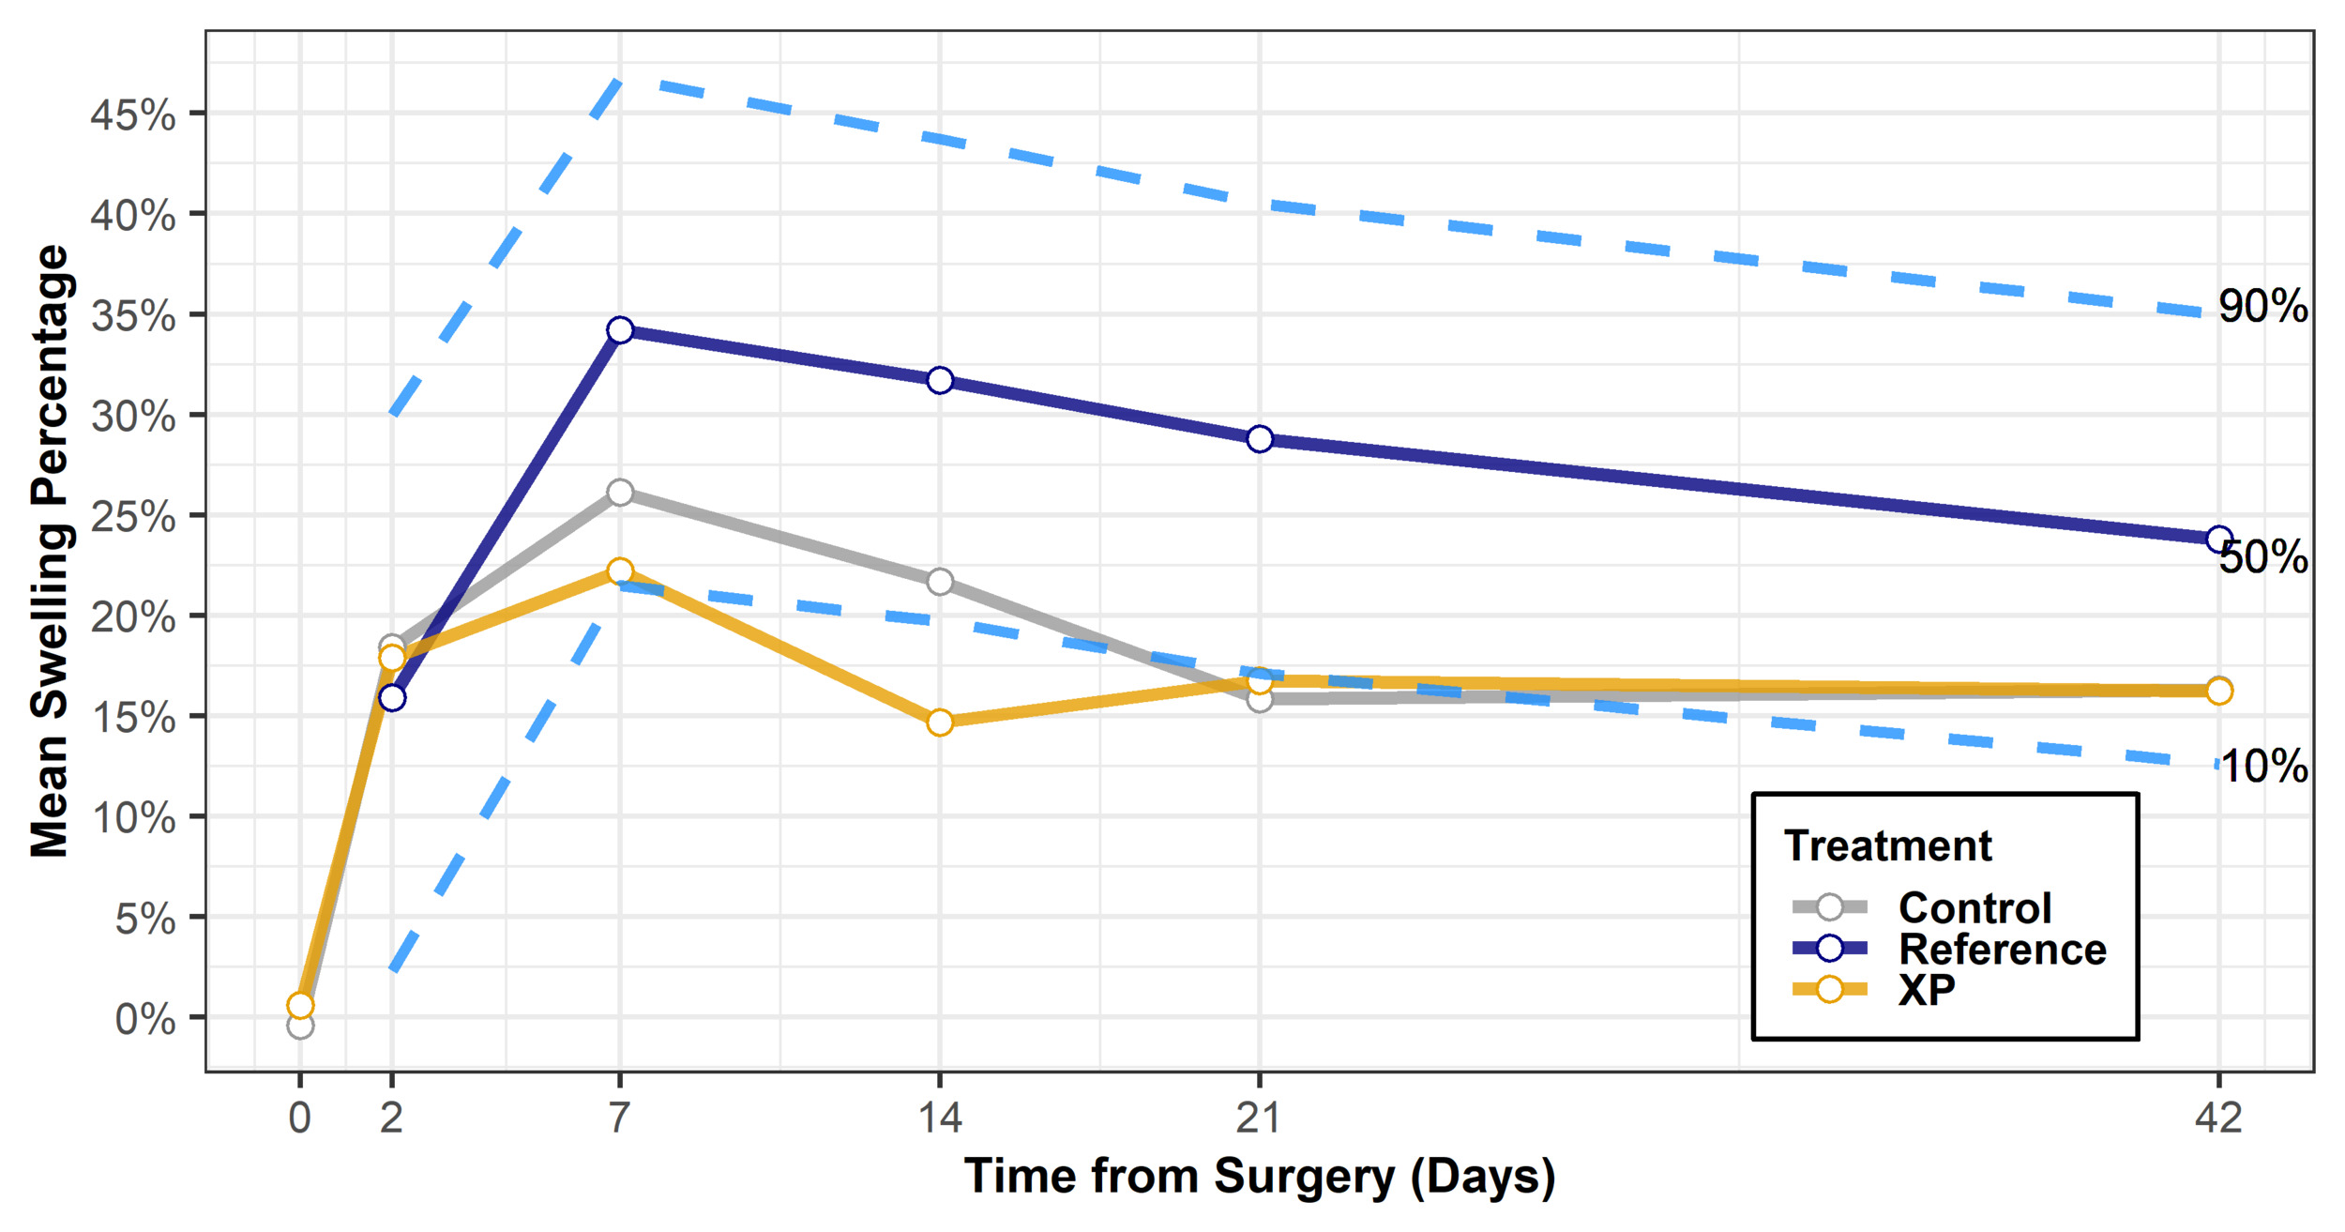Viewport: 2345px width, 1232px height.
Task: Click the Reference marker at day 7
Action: tap(620, 330)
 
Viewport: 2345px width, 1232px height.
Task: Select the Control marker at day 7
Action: tap(620, 493)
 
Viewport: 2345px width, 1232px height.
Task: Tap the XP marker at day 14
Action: tap(940, 722)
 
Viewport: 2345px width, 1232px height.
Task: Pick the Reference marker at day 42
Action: tap(2219, 540)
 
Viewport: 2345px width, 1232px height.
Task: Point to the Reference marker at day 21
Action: tap(1260, 439)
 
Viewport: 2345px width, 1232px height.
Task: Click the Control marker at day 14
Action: tap(940, 582)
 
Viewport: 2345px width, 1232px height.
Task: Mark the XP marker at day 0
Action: tap(300, 1006)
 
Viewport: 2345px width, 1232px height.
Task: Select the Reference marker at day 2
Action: tap(392, 698)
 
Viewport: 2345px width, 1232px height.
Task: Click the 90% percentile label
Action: tap(2262, 307)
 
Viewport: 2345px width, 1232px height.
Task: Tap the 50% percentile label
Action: tap(2262, 557)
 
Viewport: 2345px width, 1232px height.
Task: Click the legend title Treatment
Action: tap(1887, 845)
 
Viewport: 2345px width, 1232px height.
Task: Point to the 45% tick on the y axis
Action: tap(133, 115)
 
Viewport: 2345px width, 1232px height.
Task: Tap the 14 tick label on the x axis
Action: tap(940, 1118)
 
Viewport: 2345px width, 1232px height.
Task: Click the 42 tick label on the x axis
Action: tap(2218, 1118)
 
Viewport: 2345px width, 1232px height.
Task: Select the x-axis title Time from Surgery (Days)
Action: tap(1260, 1177)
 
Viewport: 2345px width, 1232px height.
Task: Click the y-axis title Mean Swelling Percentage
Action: tap(51, 551)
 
